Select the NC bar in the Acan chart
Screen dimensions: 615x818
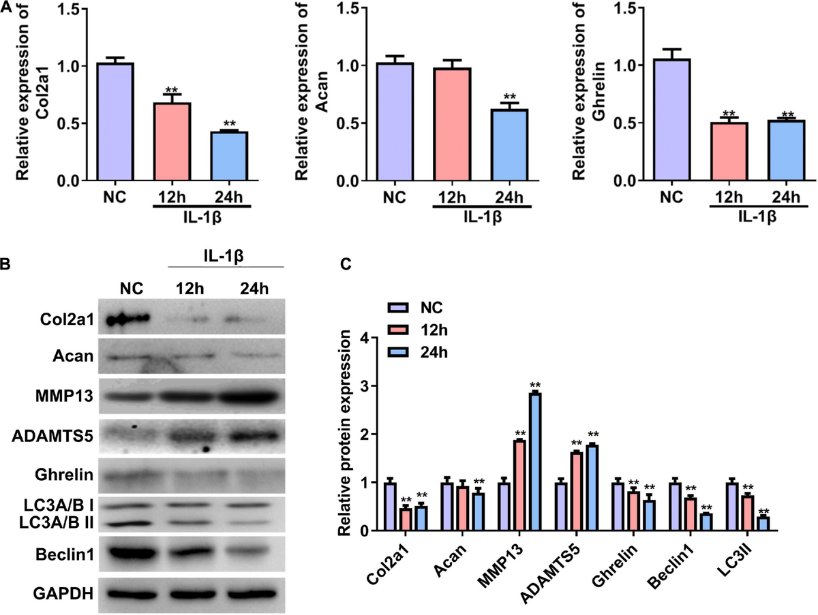pyautogui.click(x=385, y=123)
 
